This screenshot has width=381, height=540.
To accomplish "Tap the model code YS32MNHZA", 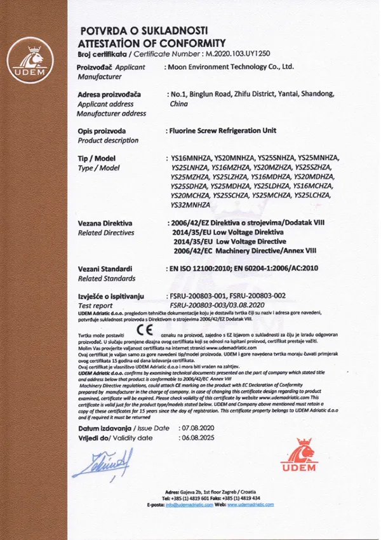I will (190, 205).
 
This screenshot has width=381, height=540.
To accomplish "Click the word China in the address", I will (180, 104).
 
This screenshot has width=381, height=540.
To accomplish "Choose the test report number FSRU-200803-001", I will (202, 295).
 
